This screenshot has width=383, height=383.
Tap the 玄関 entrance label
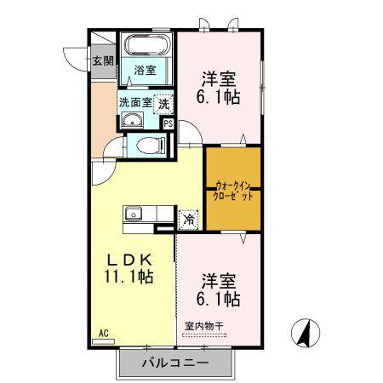pyautogui.click(x=104, y=60)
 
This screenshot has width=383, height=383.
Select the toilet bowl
pyautogui.click(x=151, y=146)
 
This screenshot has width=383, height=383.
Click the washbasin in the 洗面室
pyautogui.click(x=132, y=120)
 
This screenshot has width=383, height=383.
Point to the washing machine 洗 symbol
pyautogui.click(x=163, y=104)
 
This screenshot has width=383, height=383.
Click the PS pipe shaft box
pyautogui.click(x=169, y=124)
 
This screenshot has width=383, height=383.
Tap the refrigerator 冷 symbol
pyautogui.click(x=188, y=220)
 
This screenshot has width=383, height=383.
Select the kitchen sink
pyautogui.click(x=134, y=213)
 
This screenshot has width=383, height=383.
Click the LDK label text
pyautogui.click(x=129, y=260)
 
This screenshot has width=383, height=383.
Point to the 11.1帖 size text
pyautogui.click(x=129, y=277)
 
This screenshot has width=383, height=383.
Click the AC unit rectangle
pyautogui.click(x=104, y=341)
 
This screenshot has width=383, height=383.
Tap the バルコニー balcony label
pyautogui.click(x=175, y=363)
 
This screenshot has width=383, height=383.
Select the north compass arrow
pyautogui.click(x=306, y=333)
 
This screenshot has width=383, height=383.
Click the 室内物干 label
pyautogui.click(x=204, y=327)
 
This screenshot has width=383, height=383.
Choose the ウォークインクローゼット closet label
pyautogui.click(x=233, y=191)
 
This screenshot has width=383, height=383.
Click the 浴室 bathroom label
pyautogui.click(x=145, y=70)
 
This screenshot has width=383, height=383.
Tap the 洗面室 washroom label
pyautogui.click(x=135, y=103)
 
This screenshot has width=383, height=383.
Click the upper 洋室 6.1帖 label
pyautogui.click(x=219, y=89)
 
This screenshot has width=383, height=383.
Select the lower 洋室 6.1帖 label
pyautogui.click(x=219, y=289)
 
